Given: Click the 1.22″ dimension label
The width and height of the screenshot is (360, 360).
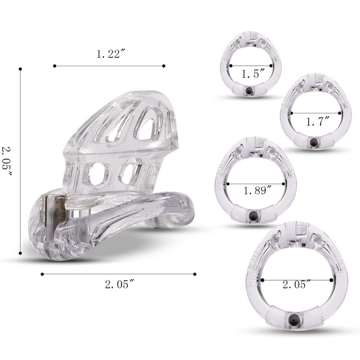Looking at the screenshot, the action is [x=111, y=54].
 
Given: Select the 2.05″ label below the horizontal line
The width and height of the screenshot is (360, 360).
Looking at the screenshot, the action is [x=119, y=284].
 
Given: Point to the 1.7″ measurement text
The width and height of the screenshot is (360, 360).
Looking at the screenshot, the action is [x=318, y=121].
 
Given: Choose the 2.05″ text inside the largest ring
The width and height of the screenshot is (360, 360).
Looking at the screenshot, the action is [x=297, y=284].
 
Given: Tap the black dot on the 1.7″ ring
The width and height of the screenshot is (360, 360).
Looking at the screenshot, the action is [x=313, y=143].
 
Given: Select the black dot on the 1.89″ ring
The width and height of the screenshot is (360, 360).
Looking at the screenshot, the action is [x=253, y=215].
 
